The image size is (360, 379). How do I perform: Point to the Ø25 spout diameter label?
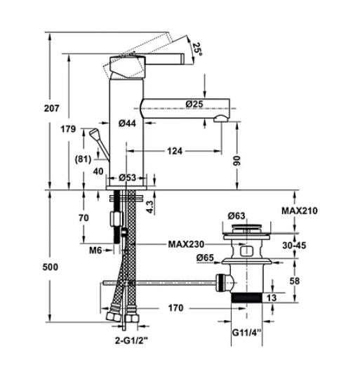tap(195, 104)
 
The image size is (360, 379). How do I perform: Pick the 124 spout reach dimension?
tap(176, 151)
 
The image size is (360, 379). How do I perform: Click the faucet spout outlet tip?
tap(223, 119)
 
